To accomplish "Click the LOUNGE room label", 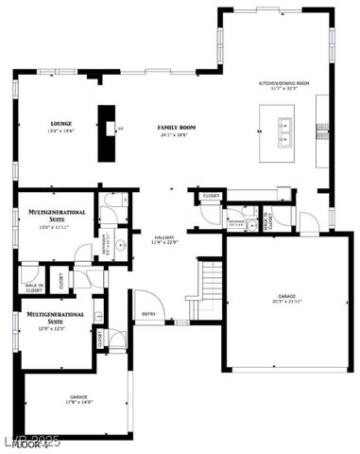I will click(x=62, y=123).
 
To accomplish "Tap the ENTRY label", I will click(x=149, y=314).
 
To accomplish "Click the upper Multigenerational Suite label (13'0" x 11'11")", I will click(x=58, y=214).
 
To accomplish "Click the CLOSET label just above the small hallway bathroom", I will click(x=212, y=196).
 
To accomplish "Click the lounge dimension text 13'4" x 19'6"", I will click(x=62, y=132).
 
